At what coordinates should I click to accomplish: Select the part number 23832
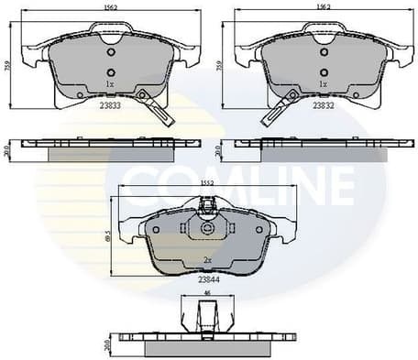(323, 106)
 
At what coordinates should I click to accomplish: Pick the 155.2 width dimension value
(208, 187)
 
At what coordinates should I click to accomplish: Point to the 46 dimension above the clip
(206, 292)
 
